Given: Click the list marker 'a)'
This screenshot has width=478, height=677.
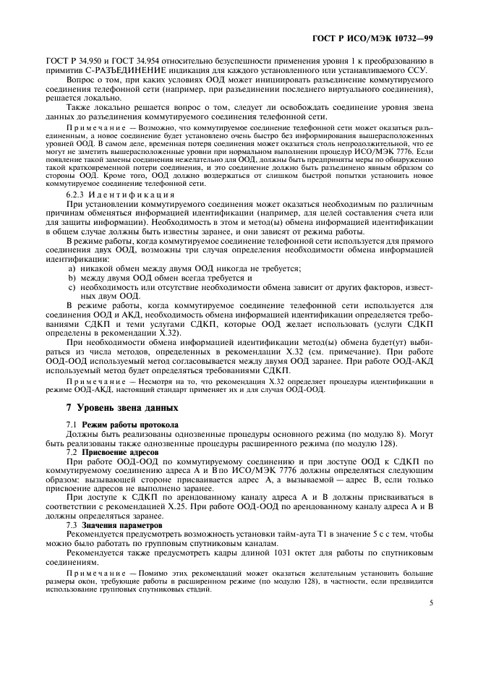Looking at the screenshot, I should (x=71, y=268).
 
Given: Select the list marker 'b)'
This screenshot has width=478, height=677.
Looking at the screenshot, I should (x=71, y=277).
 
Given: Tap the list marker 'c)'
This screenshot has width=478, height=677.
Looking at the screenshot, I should (x=71, y=286).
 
